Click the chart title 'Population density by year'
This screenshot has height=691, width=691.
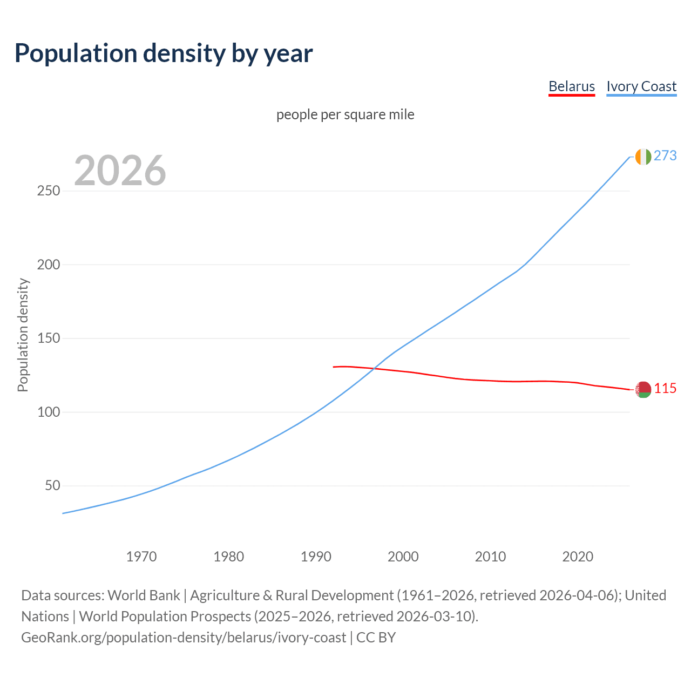pyautogui.click(x=164, y=53)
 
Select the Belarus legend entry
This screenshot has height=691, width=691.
pyautogui.click(x=571, y=86)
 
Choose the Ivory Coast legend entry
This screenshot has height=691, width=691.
pyautogui.click(x=641, y=86)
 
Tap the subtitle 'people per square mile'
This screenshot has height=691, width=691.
pyautogui.click(x=345, y=114)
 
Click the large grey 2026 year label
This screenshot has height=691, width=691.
pyautogui.click(x=120, y=171)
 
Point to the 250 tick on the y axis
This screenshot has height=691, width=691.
pyautogui.click(x=49, y=191)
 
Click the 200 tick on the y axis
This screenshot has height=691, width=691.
pyautogui.click(x=49, y=265)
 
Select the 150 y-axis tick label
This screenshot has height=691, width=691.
pyautogui.click(x=49, y=338)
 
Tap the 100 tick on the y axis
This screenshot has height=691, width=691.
pyautogui.click(x=49, y=412)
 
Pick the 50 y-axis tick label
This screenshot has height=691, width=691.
pyautogui.click(x=52, y=486)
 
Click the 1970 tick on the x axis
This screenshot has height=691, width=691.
pyautogui.click(x=141, y=557)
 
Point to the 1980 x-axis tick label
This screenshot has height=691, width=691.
pyautogui.click(x=229, y=557)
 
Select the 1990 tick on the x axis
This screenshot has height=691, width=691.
pyautogui.click(x=316, y=557)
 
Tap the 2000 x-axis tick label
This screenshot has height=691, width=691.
pyautogui.click(x=403, y=557)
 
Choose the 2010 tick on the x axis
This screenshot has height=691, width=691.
pyautogui.click(x=490, y=557)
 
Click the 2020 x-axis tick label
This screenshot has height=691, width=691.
pyautogui.click(x=578, y=557)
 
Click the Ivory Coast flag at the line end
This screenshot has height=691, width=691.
pyautogui.click(x=643, y=157)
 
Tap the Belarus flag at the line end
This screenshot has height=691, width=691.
pyautogui.click(x=643, y=389)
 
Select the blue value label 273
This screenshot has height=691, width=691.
pyautogui.click(x=665, y=156)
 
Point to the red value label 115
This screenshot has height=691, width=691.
pyautogui.click(x=665, y=389)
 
